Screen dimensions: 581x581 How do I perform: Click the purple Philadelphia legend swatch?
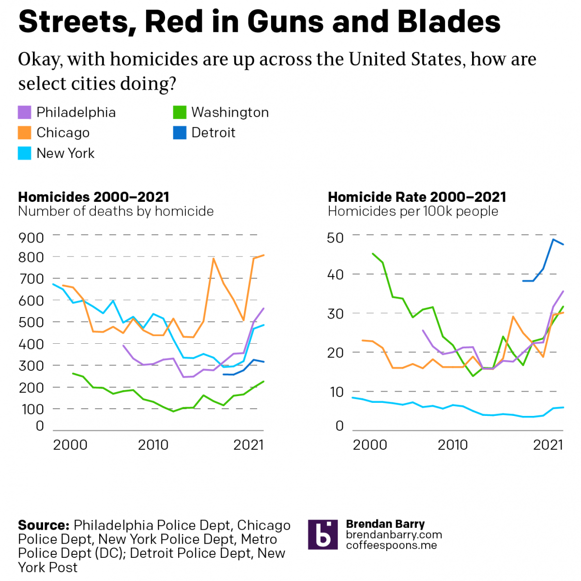(x=24, y=112)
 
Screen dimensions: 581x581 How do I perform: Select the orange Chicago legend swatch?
(x=24, y=133)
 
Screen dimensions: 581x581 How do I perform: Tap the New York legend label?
(x=65, y=153)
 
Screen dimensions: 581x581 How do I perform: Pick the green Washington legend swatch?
(x=180, y=112)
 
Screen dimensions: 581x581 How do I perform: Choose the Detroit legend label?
(x=213, y=133)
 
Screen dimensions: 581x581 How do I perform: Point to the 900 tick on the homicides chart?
(x=31, y=238)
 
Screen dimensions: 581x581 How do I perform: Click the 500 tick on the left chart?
(x=31, y=322)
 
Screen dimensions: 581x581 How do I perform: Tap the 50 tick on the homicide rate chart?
(x=335, y=238)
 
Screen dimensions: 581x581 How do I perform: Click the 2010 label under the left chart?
(x=153, y=445)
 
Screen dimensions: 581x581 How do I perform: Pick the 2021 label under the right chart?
(x=548, y=445)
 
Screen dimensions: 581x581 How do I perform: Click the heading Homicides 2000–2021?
(x=93, y=197)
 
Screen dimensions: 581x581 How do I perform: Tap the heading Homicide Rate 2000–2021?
(x=417, y=197)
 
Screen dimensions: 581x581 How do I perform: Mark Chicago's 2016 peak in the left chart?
(x=213, y=259)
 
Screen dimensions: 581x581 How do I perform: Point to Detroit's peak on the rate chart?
(x=553, y=239)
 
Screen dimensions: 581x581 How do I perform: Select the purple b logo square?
(x=322, y=535)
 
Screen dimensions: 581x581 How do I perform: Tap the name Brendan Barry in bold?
(x=385, y=524)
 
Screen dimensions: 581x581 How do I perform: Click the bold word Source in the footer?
(x=44, y=525)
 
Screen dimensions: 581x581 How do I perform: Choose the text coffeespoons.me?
(x=391, y=546)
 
